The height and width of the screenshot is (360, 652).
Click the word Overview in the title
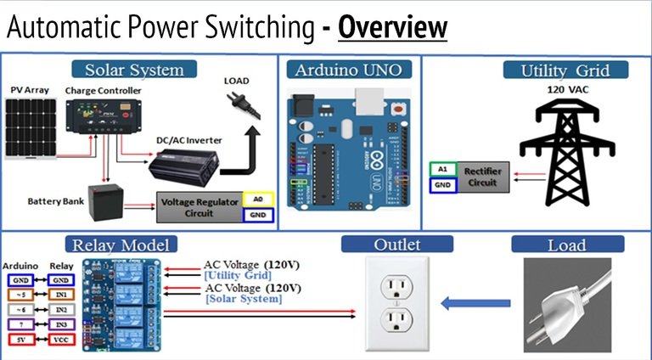coord(392,27)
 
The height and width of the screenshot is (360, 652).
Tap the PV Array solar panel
coord(31,128)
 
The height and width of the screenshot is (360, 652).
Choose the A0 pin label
coord(258,198)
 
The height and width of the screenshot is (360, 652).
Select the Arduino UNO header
coord(350,69)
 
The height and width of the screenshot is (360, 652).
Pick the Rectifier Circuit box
coord(483,177)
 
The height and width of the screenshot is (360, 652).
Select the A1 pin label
coord(441,169)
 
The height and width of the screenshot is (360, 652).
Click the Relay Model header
coord(124,245)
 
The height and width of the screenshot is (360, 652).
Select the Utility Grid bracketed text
coord(238,276)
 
